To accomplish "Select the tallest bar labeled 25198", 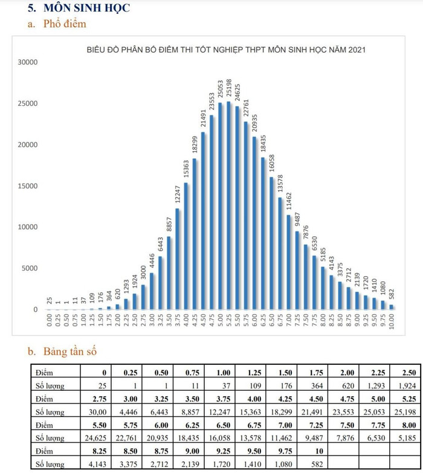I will pos(228,205).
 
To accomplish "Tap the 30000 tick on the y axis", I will pos(28,62).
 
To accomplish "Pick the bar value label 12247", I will pos(178,195).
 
